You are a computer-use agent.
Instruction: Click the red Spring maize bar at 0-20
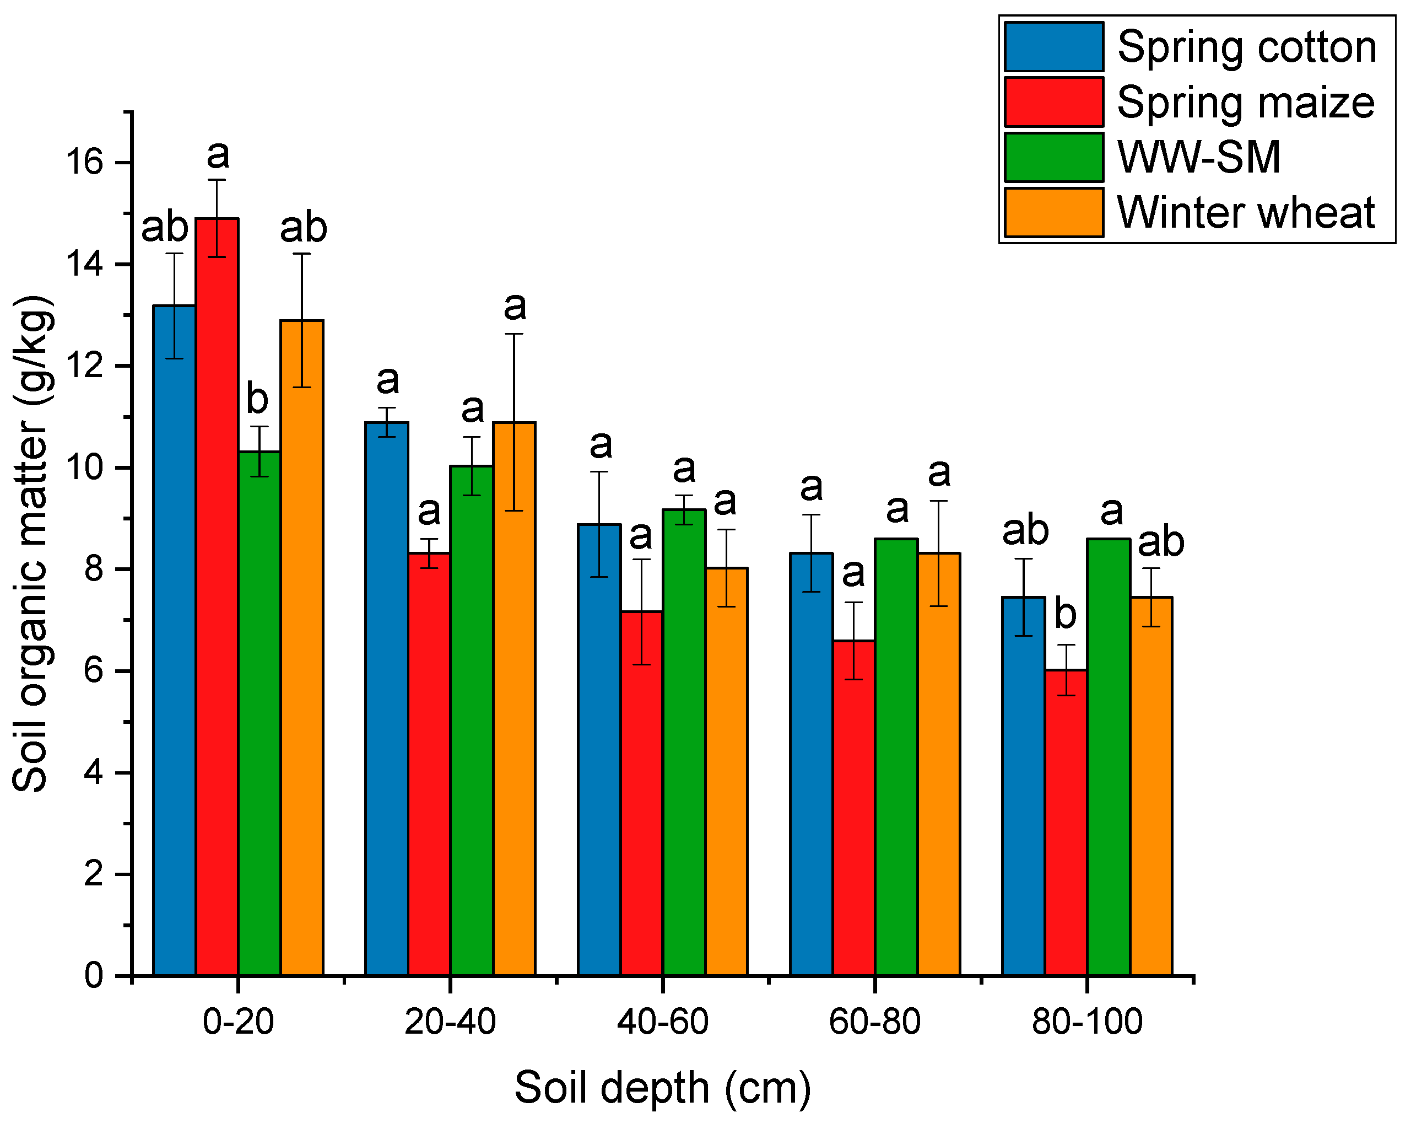[217, 596]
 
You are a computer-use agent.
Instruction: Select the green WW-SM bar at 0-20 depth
[259, 714]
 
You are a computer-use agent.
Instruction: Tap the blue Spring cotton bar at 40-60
[599, 750]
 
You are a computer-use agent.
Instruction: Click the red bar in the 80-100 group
[1066, 823]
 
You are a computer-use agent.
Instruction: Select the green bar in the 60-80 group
[896, 757]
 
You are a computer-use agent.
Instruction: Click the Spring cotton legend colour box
[1053, 46]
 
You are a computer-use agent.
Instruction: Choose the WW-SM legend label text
[1198, 157]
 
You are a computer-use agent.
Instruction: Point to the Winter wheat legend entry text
[1245, 213]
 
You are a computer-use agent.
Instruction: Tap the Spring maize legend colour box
[1053, 101]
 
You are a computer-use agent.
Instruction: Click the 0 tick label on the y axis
[94, 976]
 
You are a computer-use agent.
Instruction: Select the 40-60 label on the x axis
[662, 1022]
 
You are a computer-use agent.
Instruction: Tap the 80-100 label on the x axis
[1086, 1022]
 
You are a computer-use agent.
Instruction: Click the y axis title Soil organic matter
[31, 544]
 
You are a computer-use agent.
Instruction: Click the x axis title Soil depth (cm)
[662, 1088]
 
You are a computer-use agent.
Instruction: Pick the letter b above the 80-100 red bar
[1066, 614]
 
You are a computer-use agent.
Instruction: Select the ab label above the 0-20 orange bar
[303, 228]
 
